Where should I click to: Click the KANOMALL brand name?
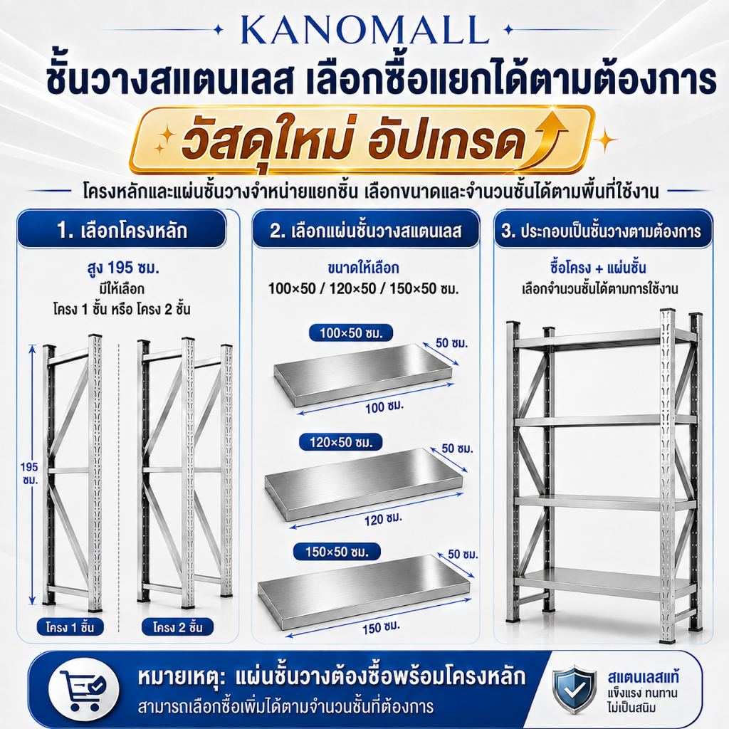pos(365,31)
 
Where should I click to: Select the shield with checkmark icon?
pos(575,689)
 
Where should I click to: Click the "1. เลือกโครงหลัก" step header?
pos(122,230)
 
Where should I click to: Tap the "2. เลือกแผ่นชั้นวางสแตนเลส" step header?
pos(366,230)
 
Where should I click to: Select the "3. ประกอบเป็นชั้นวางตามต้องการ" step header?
pos(603,230)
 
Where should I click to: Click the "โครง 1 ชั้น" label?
pos(70,627)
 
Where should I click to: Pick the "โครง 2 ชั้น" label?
pos(177,627)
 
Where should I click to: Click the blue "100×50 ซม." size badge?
pos(351,333)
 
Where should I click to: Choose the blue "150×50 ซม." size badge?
pos(337,552)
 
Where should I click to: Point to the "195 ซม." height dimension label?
pos(29,473)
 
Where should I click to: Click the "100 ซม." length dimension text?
pos(384,407)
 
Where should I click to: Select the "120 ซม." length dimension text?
pos(383,519)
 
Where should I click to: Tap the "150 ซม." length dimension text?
pos(382,628)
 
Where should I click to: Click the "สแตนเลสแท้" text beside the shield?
pos(643,677)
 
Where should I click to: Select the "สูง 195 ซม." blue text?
pos(123,268)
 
